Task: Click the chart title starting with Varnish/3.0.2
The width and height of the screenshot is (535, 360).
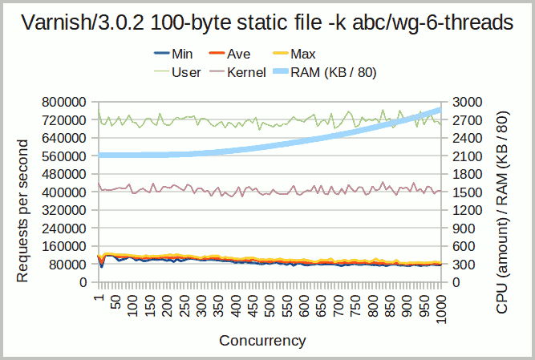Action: [x=267, y=23]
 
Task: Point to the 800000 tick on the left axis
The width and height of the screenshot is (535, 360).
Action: [x=63, y=102]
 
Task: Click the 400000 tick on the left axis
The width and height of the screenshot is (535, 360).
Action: [x=63, y=192]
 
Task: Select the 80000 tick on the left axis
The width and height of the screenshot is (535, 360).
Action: [x=67, y=265]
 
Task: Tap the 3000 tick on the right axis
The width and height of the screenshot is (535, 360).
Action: [x=467, y=102]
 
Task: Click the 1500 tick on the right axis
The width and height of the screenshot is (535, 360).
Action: [x=467, y=192]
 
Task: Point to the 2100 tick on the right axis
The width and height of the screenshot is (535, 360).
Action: [x=467, y=156]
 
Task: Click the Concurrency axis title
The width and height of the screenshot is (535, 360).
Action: [x=262, y=340]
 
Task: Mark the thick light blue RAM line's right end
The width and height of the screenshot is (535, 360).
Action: [x=440, y=110]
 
